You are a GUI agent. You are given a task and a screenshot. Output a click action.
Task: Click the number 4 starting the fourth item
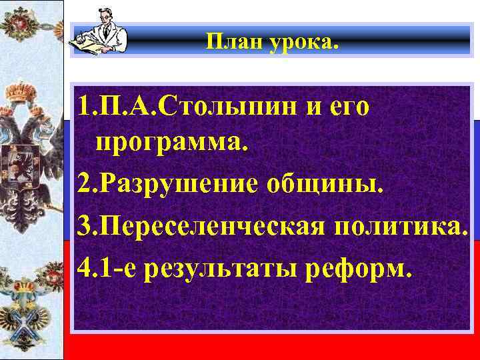pyautogui.click(x=82, y=269)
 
